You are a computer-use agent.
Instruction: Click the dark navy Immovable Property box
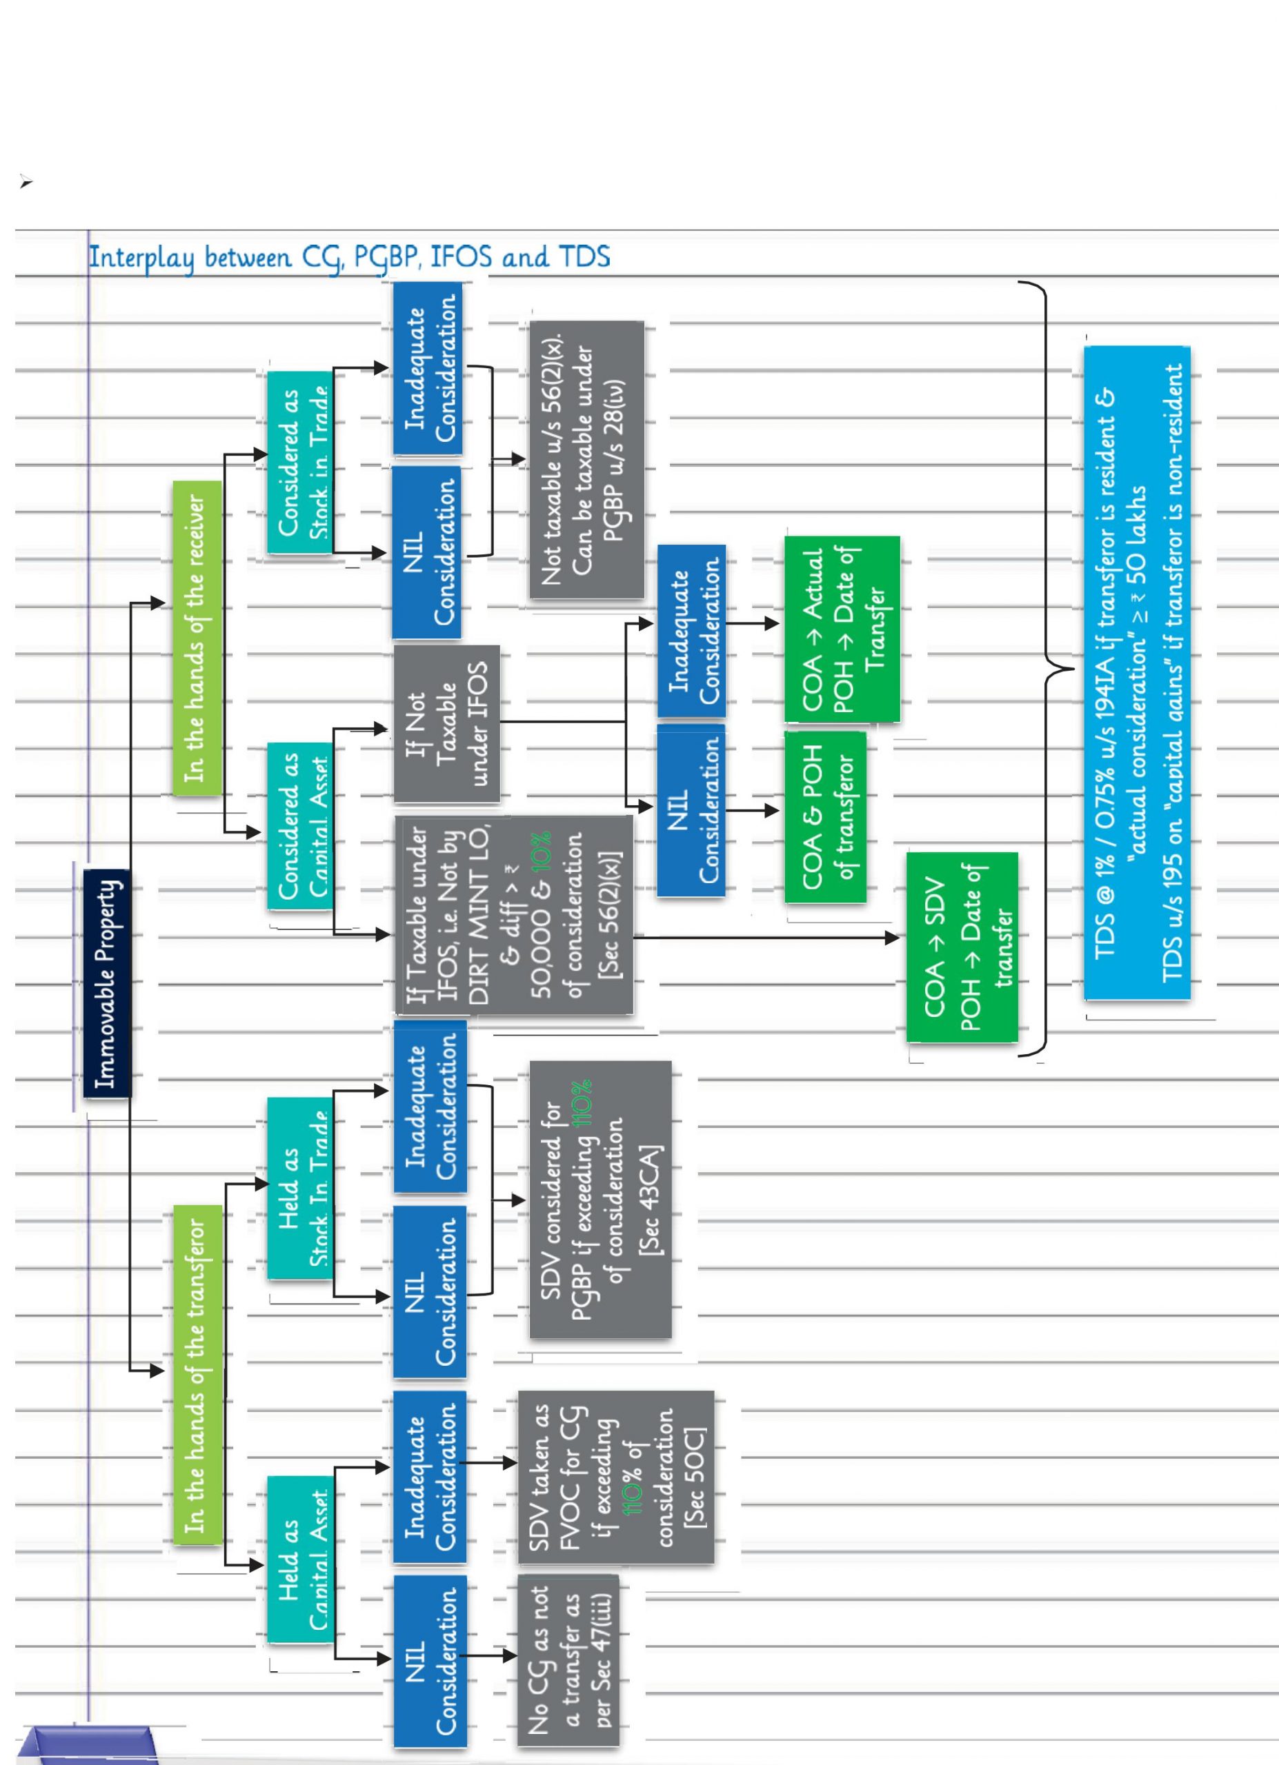tap(108, 984)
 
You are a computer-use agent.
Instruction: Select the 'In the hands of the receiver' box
tap(196, 638)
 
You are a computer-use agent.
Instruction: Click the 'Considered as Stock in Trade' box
tap(299, 463)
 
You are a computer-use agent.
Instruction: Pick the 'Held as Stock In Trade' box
tap(299, 1189)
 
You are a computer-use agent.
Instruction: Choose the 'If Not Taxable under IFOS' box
tap(446, 724)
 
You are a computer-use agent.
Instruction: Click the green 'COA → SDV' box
tap(962, 947)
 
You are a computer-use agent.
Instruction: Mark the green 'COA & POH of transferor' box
tap(825, 817)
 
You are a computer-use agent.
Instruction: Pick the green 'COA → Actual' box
tap(842, 629)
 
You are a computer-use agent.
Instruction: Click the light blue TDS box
tap(1136, 673)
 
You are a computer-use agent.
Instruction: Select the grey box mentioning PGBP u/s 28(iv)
tap(586, 460)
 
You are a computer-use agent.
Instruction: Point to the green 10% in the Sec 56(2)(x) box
tap(542, 851)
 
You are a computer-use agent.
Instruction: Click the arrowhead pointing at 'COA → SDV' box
tap(893, 938)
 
